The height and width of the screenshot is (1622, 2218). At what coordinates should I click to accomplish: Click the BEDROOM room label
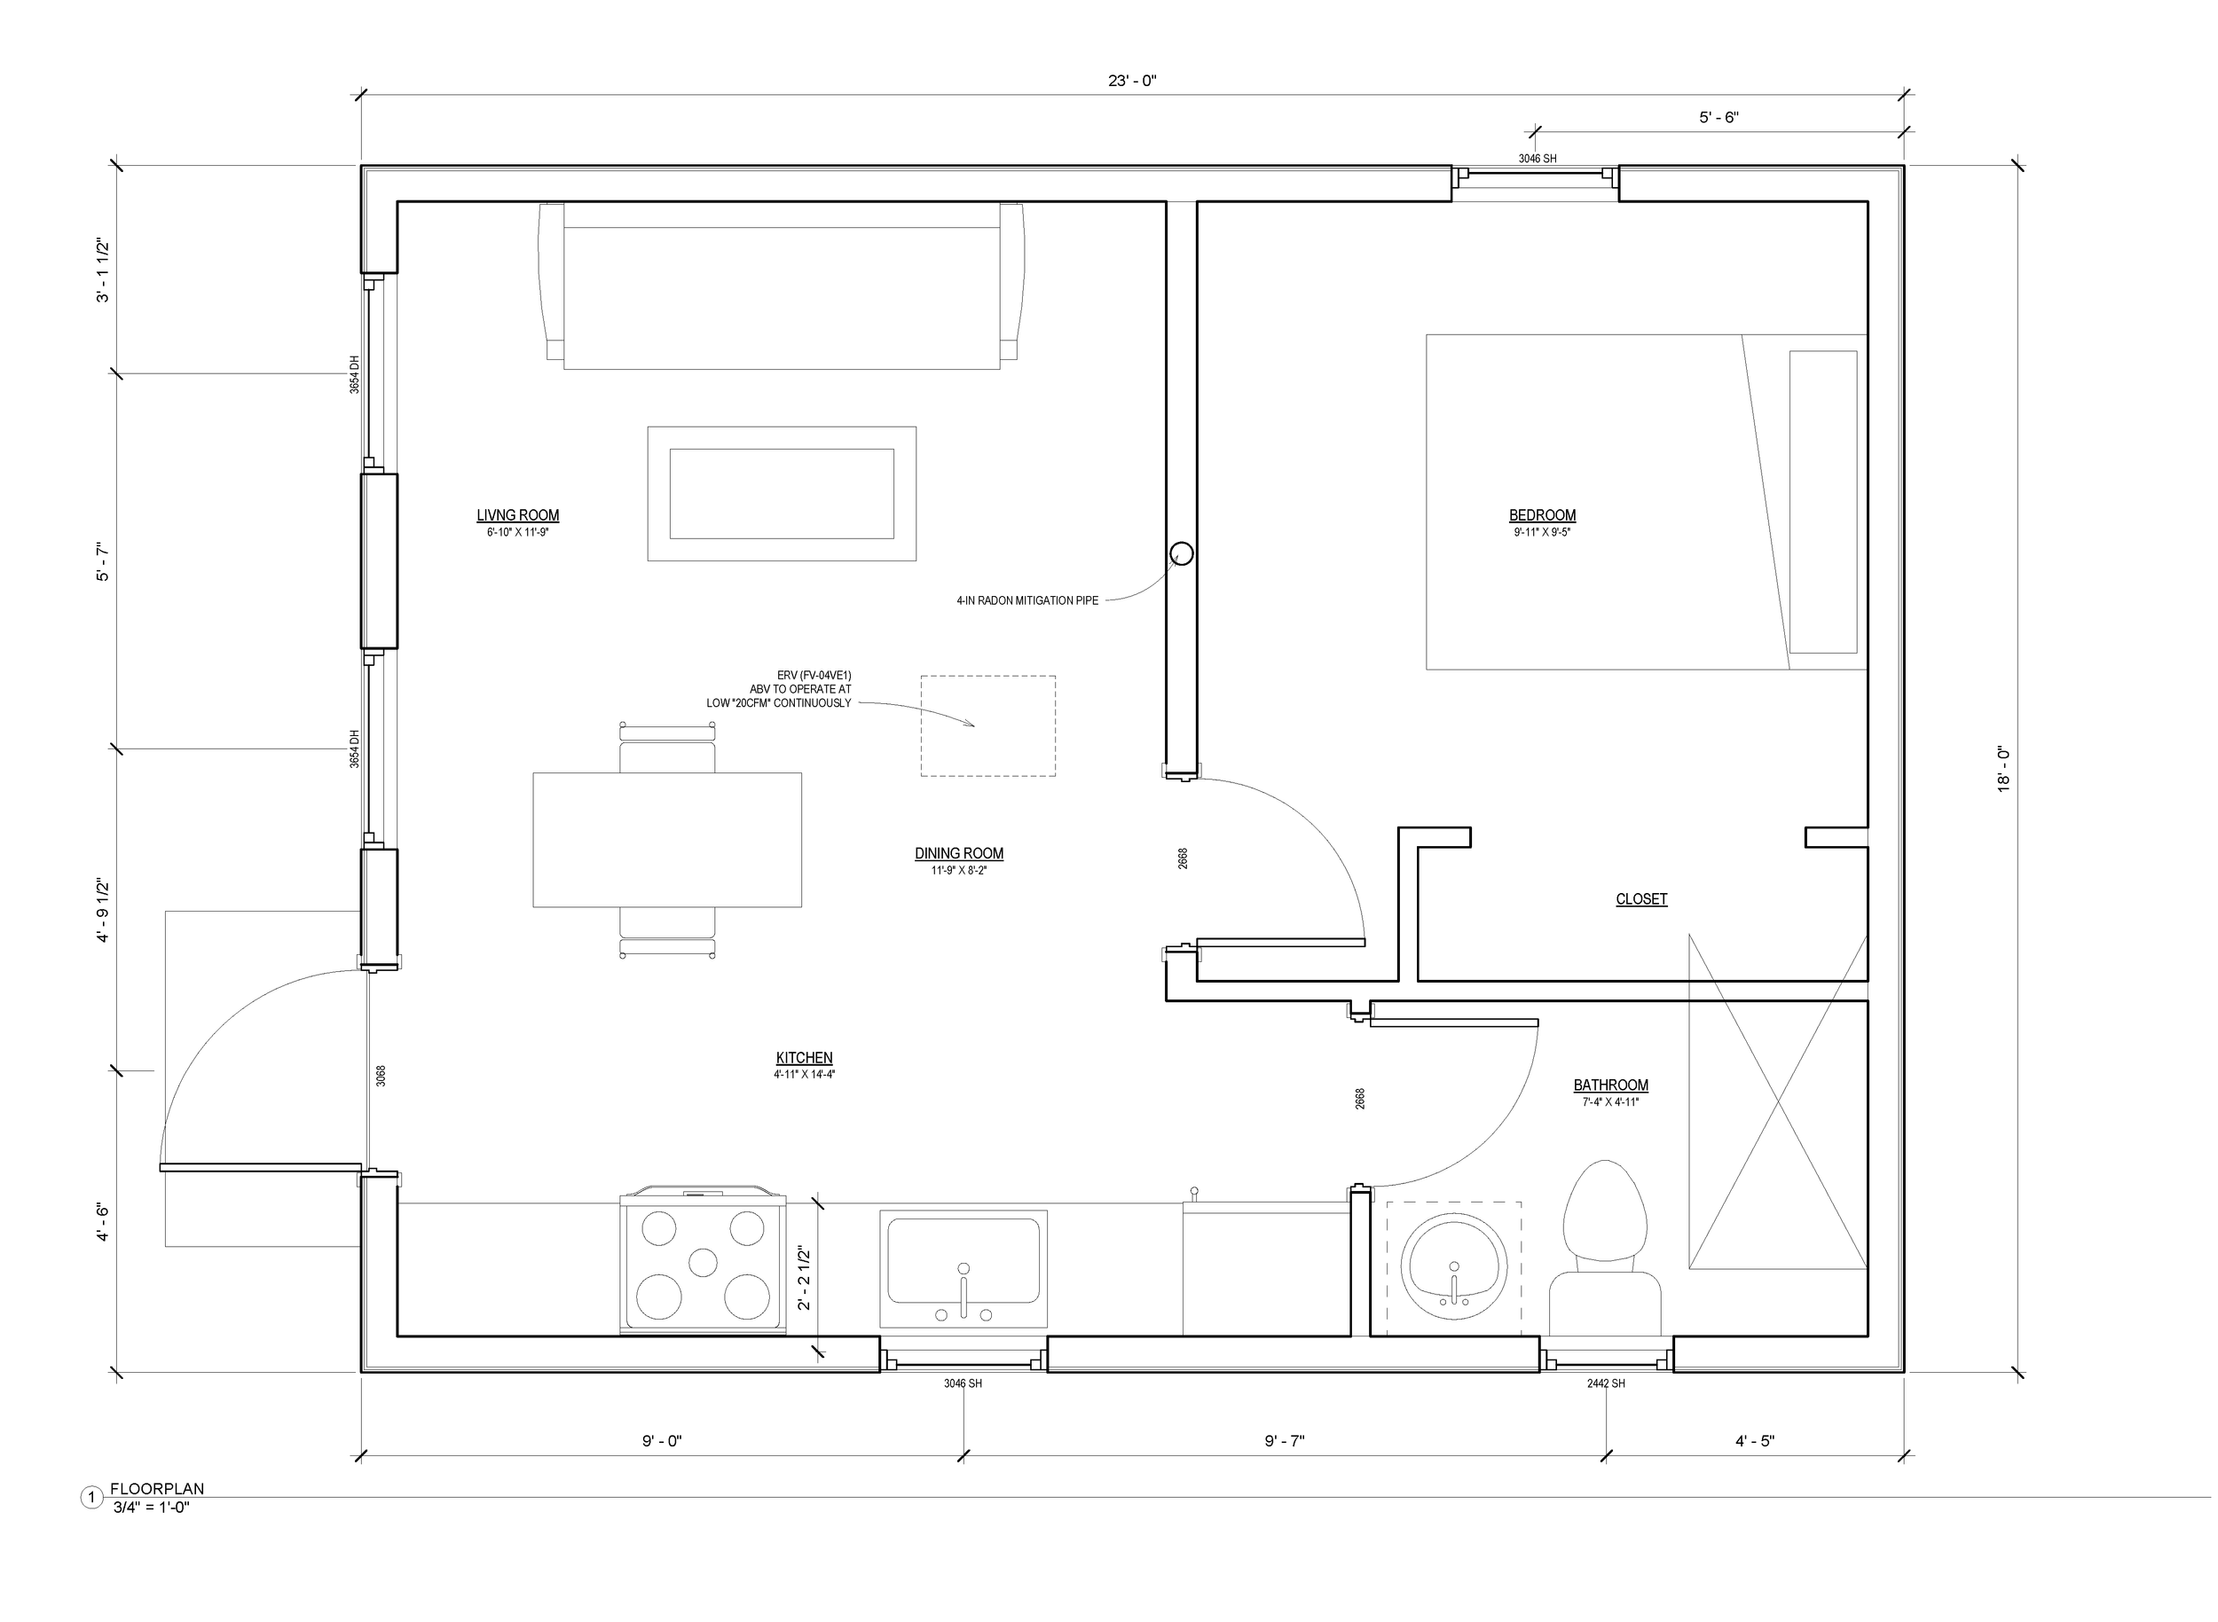click(x=1541, y=515)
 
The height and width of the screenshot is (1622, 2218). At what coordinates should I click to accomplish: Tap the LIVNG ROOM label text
click(x=517, y=515)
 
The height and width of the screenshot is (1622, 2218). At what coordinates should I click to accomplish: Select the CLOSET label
click(x=1640, y=898)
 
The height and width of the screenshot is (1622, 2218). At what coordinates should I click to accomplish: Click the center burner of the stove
click(x=703, y=1262)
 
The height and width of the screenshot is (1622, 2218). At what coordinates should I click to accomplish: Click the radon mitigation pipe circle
click(x=1182, y=553)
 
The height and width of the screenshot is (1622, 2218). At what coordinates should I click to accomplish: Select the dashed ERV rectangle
click(x=987, y=725)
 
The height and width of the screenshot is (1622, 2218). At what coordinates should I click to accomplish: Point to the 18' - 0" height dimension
click(x=2003, y=769)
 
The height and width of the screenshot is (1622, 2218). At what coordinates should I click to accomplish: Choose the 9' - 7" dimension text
click(x=1284, y=1441)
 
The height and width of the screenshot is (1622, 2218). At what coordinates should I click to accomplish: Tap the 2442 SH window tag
click(x=1605, y=1383)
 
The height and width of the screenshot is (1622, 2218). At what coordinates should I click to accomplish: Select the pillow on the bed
click(x=1822, y=502)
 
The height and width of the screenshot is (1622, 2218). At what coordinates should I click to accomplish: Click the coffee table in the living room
click(x=781, y=494)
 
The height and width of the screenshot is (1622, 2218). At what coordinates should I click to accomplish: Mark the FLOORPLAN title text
click(x=157, y=1488)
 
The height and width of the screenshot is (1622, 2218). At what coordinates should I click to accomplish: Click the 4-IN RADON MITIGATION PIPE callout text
click(x=1026, y=599)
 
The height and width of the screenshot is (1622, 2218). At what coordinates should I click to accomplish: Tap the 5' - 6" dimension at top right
click(x=1718, y=117)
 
